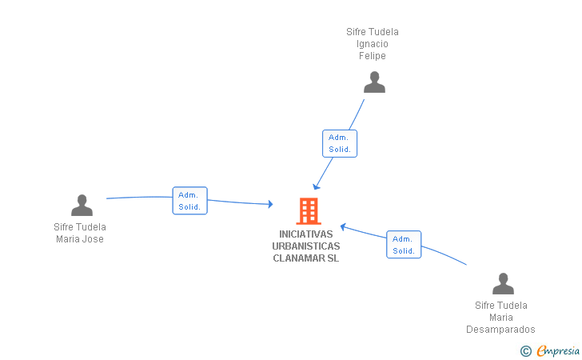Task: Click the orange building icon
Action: [x=308, y=210]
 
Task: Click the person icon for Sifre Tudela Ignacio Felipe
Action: [x=374, y=82]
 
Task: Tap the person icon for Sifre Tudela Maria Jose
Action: [x=82, y=206]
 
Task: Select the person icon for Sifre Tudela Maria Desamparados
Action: [x=503, y=284]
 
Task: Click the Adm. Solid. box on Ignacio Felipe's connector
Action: [x=340, y=143]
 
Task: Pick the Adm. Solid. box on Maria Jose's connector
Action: [x=189, y=201]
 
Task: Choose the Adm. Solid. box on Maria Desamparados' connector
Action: [x=403, y=245]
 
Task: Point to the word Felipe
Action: [x=373, y=56]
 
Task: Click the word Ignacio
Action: [x=373, y=44]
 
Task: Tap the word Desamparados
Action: [x=501, y=330]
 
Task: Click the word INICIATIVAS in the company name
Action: [x=306, y=234]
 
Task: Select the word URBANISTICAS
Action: [x=306, y=246]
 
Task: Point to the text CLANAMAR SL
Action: [x=306, y=258]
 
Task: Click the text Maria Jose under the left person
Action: [x=80, y=238]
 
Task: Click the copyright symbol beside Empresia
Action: [x=526, y=350]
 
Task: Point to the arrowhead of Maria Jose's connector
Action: [x=270, y=205]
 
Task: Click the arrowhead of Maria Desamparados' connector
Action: [x=342, y=226]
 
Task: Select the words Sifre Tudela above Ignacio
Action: [x=373, y=32]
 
